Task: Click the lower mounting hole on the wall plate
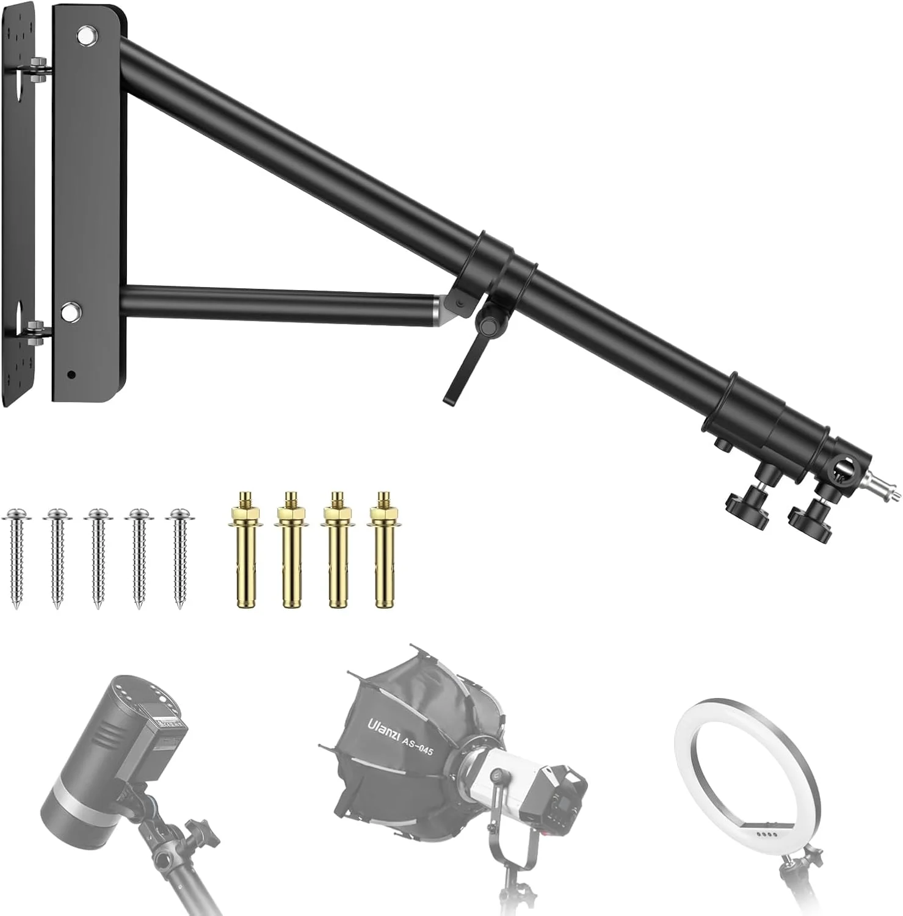pos(71,310)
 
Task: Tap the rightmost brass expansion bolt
pos(383,550)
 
